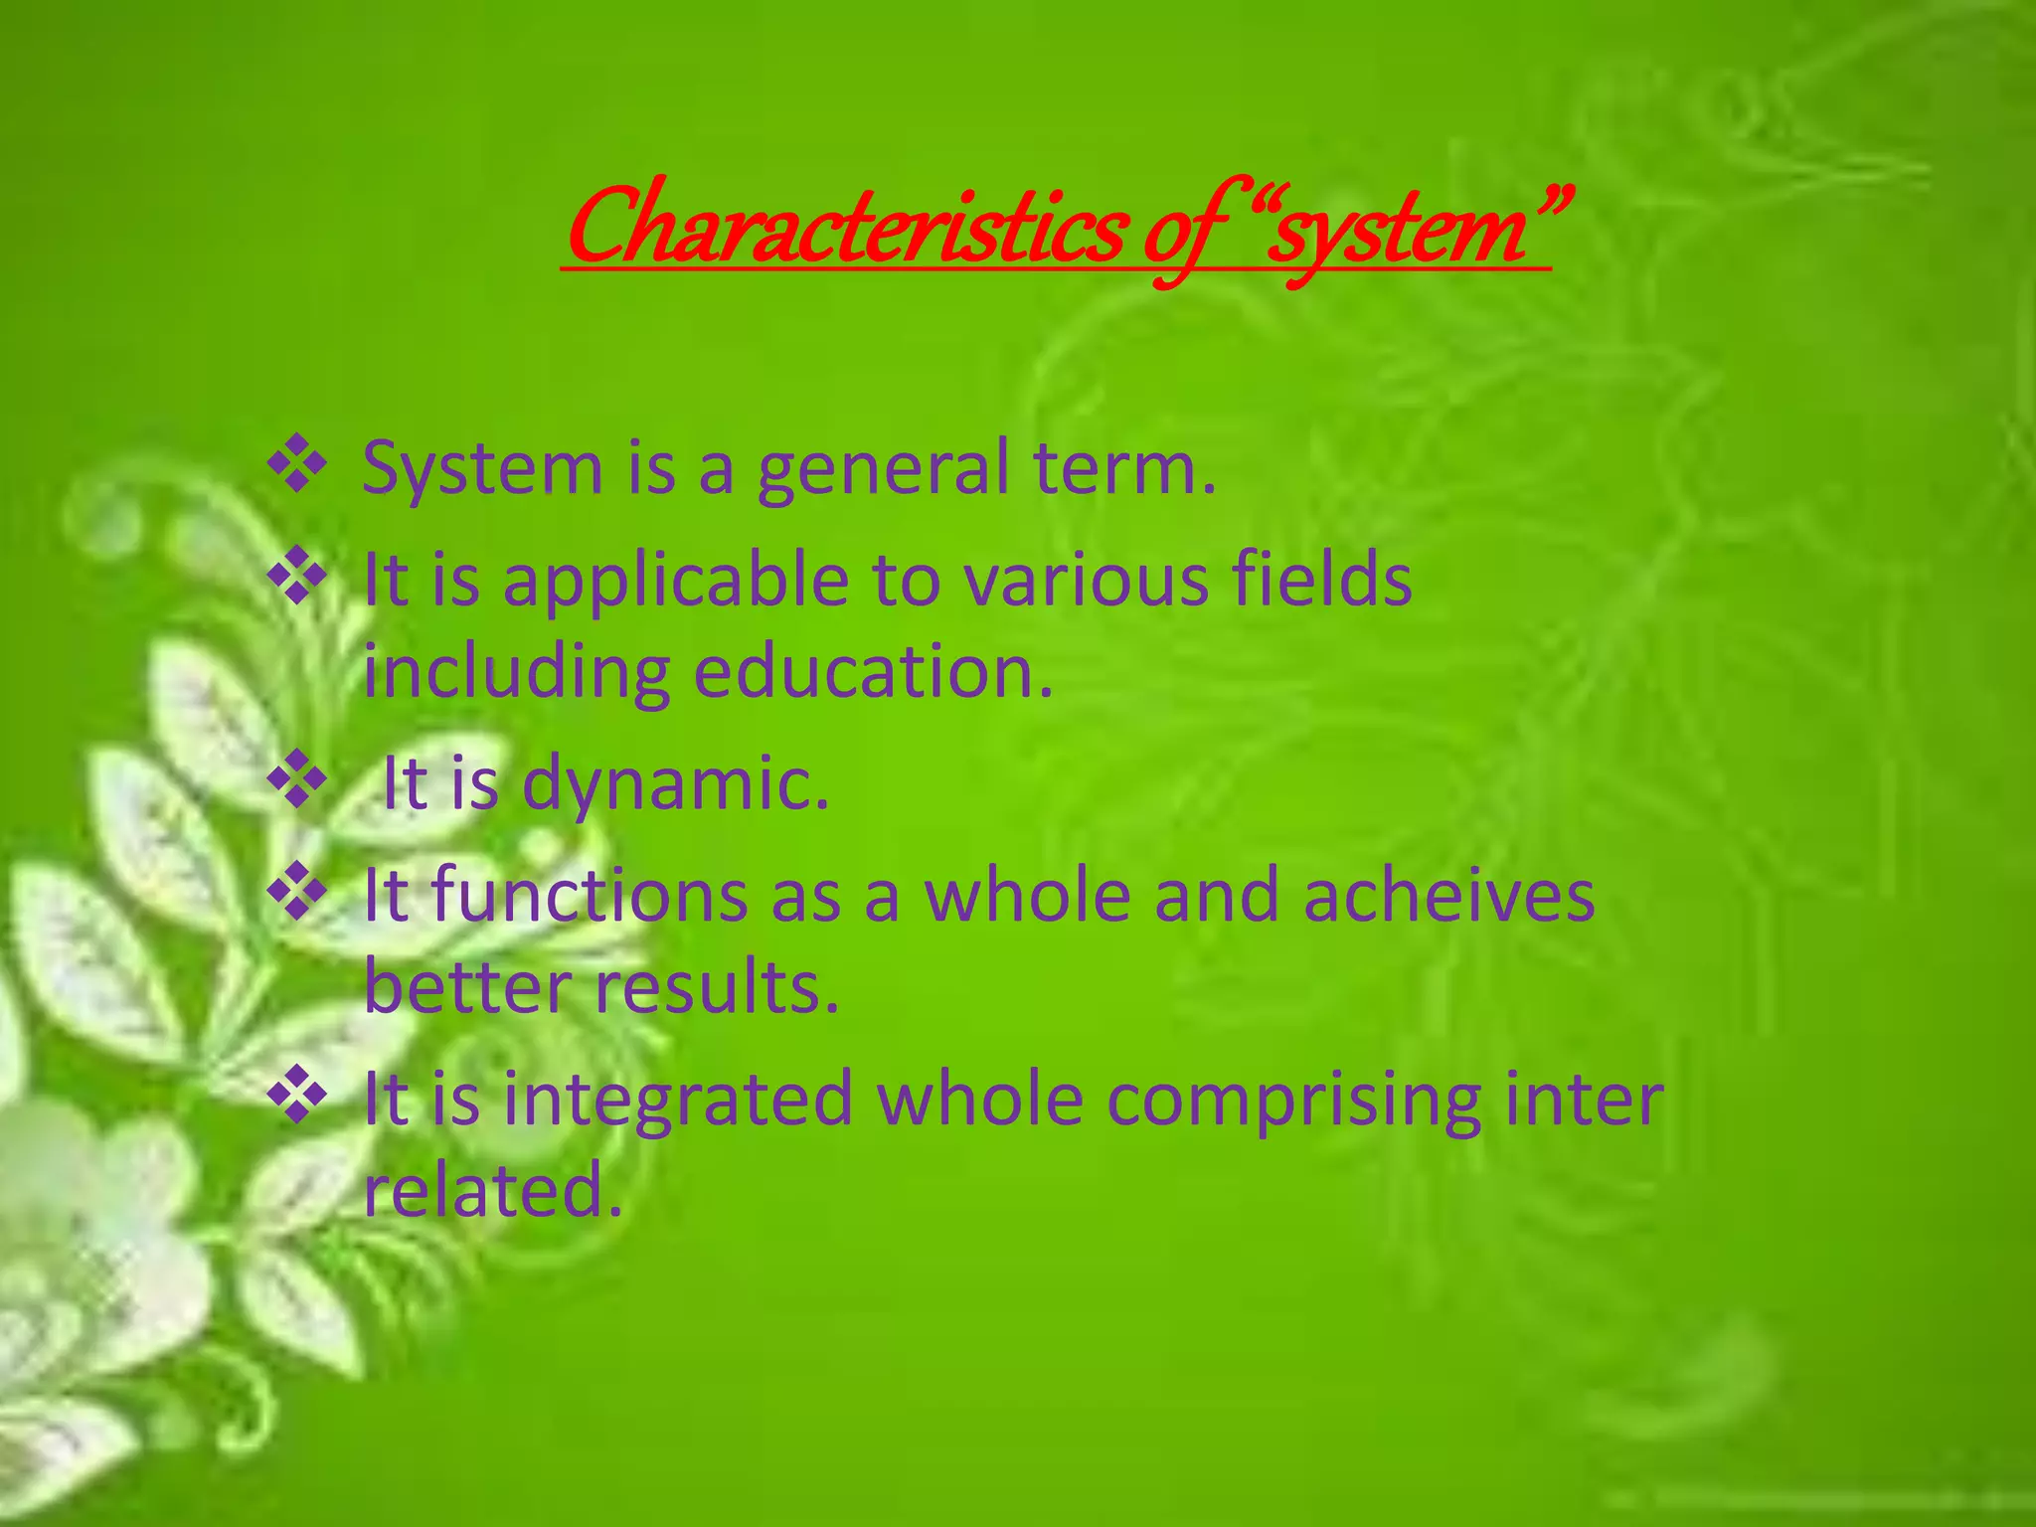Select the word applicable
[675, 582]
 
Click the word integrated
[678, 1101]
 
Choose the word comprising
[1293, 1101]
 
